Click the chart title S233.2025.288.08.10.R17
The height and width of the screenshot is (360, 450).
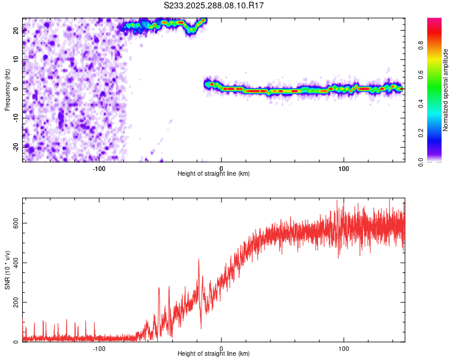coord(214,5)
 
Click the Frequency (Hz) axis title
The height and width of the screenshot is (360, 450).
coord(7,89)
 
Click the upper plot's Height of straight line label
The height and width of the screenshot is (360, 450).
coord(214,173)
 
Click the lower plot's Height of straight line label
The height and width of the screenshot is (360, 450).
coord(214,353)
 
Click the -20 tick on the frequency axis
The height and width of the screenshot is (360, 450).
coord(15,146)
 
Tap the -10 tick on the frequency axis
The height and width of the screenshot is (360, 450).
coord(15,118)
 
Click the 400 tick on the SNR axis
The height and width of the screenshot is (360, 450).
coord(14,262)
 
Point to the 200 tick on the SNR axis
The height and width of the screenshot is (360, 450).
coord(14,302)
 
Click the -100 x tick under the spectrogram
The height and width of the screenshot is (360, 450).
coord(99,167)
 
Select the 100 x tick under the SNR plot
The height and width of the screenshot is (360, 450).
coord(344,347)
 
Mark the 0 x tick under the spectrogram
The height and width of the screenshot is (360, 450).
coord(221,167)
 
